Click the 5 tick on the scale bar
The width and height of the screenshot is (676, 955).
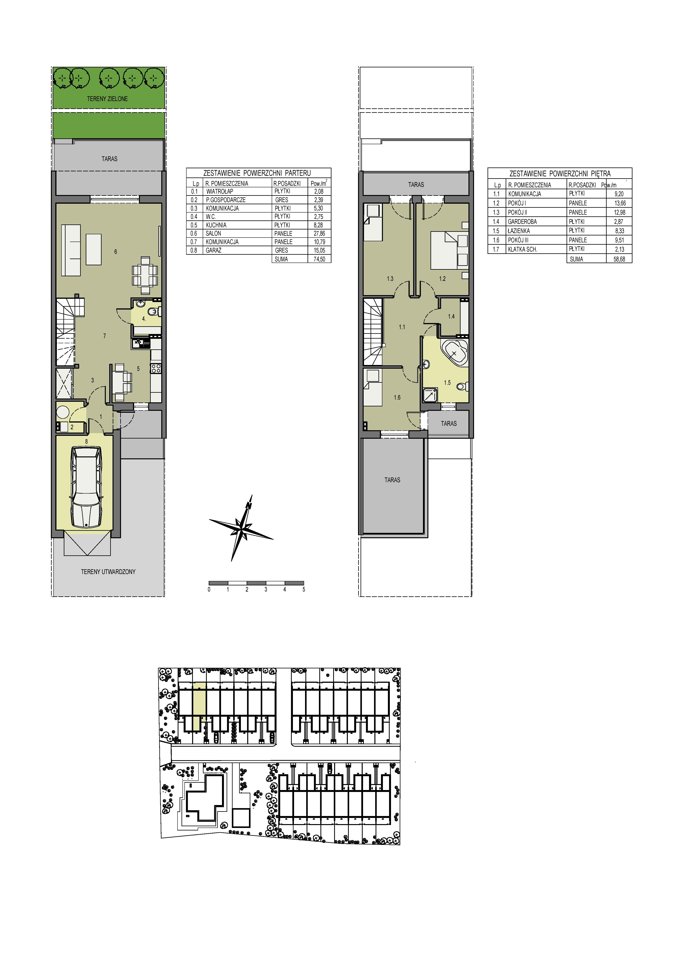[304, 589]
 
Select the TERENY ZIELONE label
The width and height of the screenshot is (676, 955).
[107, 99]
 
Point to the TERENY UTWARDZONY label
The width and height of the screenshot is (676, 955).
[108, 572]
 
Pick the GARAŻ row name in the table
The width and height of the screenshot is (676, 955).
[214, 250]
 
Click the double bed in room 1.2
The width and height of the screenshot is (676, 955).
[444, 250]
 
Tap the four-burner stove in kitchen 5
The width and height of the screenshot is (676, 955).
[156, 368]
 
